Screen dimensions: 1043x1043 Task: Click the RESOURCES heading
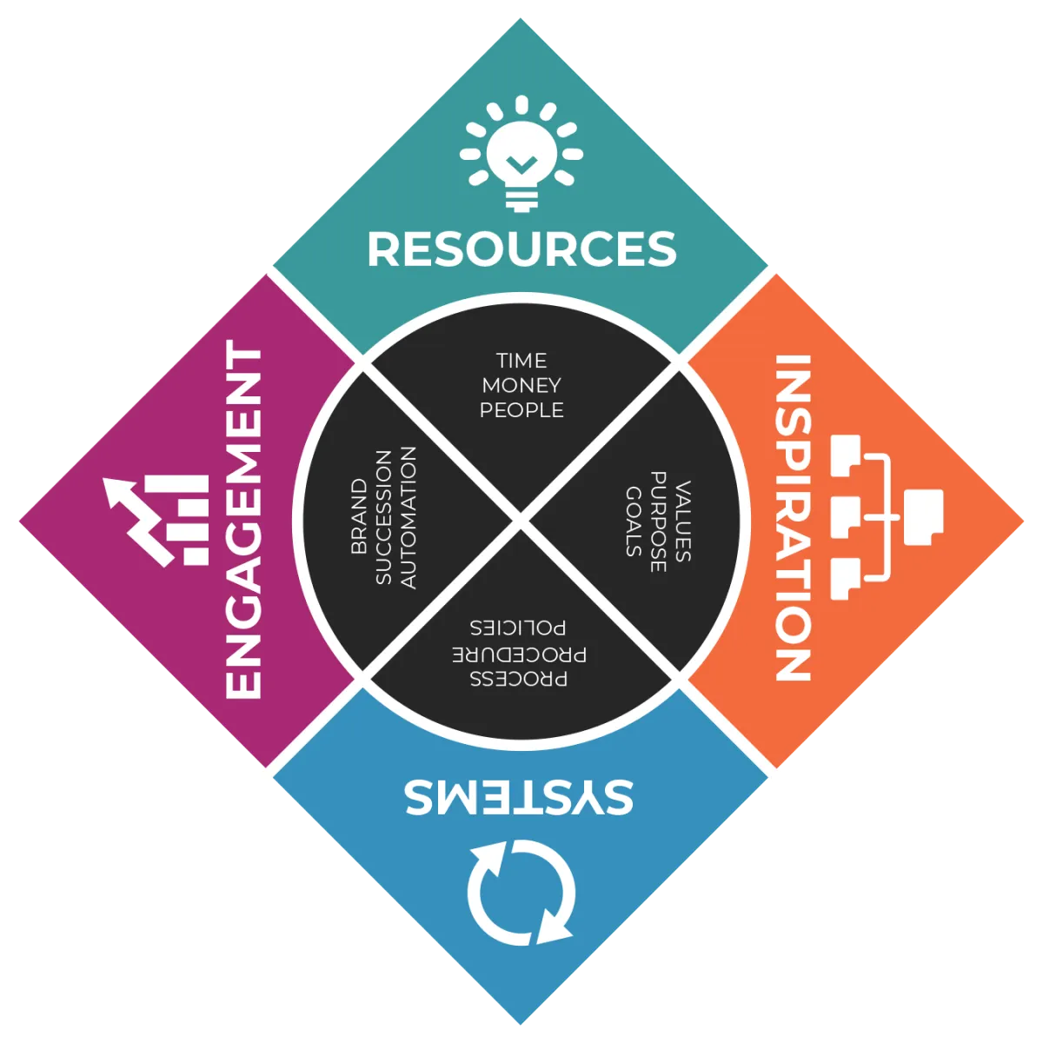(521, 249)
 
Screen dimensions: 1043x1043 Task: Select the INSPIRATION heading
(792, 518)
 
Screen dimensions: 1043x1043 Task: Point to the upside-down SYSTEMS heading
(519, 796)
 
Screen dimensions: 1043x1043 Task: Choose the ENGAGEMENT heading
(244, 520)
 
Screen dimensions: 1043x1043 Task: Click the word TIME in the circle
(521, 361)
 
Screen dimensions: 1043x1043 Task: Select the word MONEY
(521, 385)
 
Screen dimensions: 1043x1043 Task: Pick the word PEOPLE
(521, 409)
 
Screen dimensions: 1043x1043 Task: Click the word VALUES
(682, 520)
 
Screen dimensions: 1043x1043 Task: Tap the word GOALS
(634, 520)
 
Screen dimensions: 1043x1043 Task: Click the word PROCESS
(519, 678)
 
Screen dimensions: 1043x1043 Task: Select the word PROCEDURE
(519, 653)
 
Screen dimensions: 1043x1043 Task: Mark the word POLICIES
(519, 628)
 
